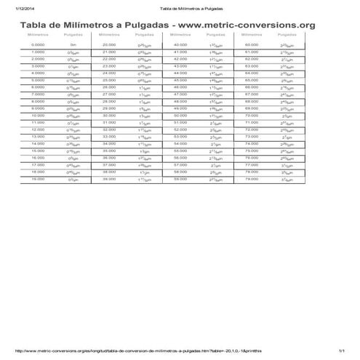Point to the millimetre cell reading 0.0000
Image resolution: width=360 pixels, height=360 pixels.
38,45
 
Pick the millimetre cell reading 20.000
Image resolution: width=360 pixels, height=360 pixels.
109,45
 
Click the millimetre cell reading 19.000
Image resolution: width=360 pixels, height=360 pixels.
38,179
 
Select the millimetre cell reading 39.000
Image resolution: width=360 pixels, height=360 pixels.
109,179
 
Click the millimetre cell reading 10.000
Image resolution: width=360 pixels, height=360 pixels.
38,116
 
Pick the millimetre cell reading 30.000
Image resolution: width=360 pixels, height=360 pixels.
109,116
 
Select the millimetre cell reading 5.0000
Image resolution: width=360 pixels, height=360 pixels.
38,80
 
